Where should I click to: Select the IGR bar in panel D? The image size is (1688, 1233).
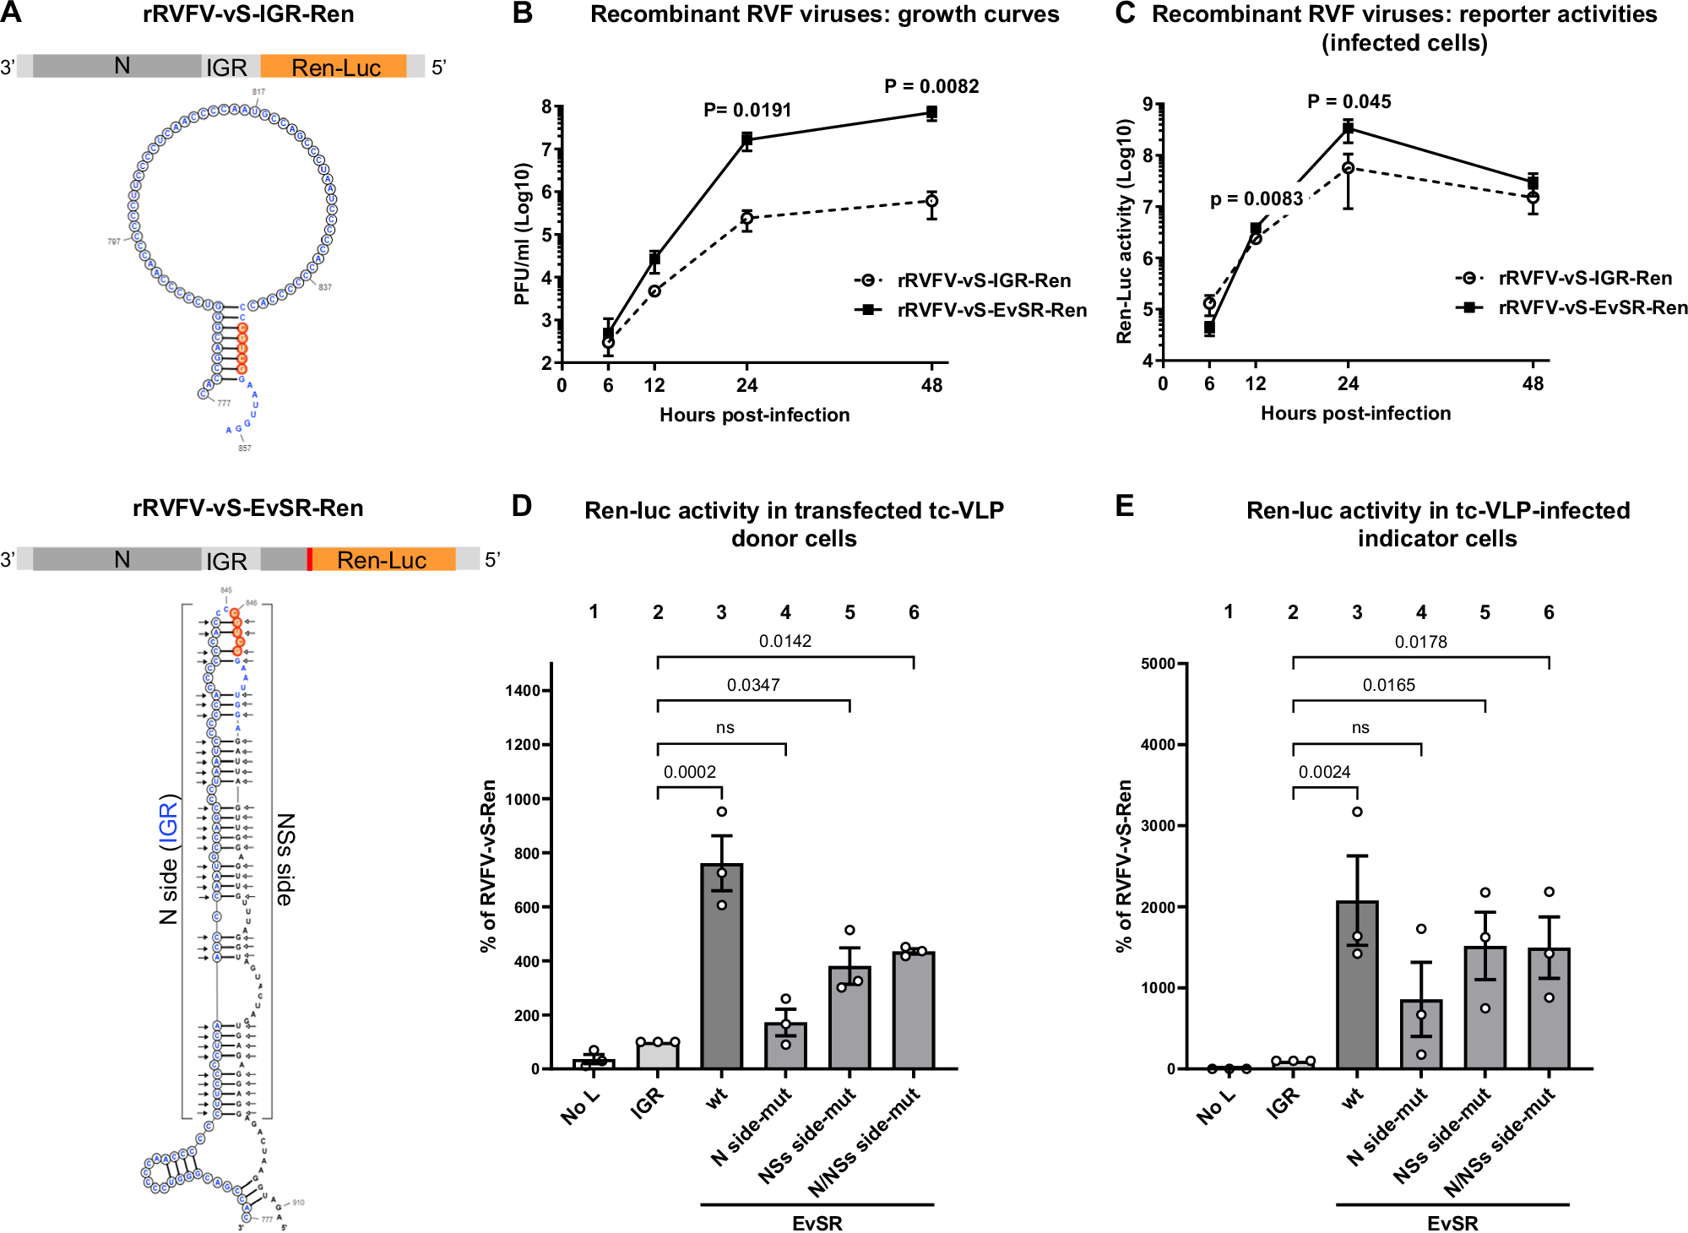click(x=657, y=1056)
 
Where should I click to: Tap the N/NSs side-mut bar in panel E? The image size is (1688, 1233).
click(x=1549, y=1008)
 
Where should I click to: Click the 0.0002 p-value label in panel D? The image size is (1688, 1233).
click(x=689, y=772)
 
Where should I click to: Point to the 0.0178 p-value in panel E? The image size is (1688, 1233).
click(x=1420, y=642)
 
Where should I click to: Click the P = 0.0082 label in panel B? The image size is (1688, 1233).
click(x=931, y=86)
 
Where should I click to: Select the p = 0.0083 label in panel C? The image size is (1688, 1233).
click(x=1256, y=199)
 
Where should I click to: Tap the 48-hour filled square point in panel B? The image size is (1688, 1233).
click(x=931, y=112)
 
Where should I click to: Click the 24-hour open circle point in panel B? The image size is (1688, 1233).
click(x=746, y=219)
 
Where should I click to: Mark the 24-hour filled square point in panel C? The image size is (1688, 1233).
click(x=1348, y=128)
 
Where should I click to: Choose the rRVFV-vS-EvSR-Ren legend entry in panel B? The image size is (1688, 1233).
click(x=991, y=310)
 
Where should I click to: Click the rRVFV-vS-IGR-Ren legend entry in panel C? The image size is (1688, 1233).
click(x=1584, y=278)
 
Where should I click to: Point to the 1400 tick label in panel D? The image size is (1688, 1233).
click(x=522, y=691)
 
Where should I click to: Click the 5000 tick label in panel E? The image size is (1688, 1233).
click(x=1158, y=664)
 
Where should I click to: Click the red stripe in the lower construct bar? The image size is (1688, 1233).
click(x=310, y=559)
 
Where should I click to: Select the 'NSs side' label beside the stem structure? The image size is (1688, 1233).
click(x=285, y=860)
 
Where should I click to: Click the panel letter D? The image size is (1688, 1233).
click(x=521, y=506)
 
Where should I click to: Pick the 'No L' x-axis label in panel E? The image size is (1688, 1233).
click(x=1215, y=1106)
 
